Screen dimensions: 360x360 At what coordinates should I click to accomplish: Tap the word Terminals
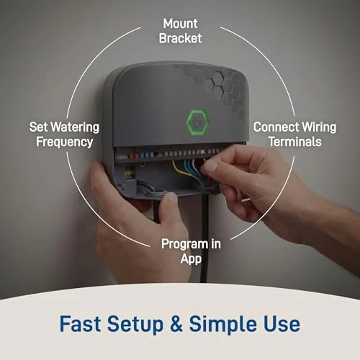coord(294,142)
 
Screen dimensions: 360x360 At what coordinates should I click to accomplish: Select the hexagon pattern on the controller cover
coord(220,86)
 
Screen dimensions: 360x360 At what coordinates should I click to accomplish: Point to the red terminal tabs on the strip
coord(147,153)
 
